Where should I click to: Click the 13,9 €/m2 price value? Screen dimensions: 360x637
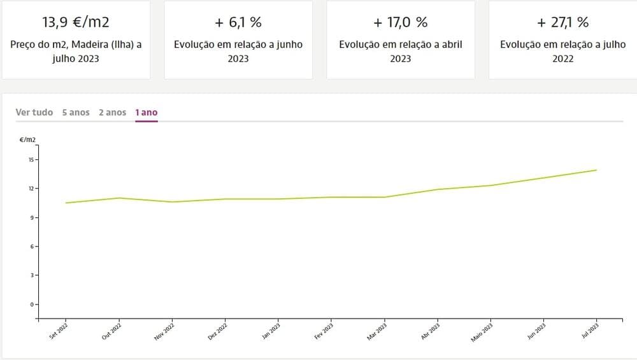click(x=76, y=22)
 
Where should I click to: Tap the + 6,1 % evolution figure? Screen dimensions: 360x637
click(x=238, y=22)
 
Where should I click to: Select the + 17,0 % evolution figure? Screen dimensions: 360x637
click(x=400, y=22)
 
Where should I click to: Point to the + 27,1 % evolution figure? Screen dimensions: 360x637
click(x=563, y=22)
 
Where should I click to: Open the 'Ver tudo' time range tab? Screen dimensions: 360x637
click(x=34, y=112)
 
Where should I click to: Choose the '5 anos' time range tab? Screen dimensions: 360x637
click(x=76, y=112)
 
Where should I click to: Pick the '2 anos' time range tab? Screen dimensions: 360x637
click(x=112, y=112)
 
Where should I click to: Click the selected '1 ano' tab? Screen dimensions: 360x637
click(x=146, y=112)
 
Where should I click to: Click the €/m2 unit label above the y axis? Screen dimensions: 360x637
click(x=27, y=140)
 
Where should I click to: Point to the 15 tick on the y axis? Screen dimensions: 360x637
click(x=31, y=159)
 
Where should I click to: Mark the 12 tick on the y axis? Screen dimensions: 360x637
click(x=31, y=189)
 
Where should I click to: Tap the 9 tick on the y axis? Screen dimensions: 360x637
click(x=31, y=218)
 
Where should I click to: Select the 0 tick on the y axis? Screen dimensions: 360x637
click(x=31, y=305)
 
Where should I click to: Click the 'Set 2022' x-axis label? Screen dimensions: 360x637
click(x=59, y=331)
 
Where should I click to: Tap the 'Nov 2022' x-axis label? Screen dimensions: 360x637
click(x=164, y=331)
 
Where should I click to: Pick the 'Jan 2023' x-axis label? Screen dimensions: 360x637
click(x=271, y=331)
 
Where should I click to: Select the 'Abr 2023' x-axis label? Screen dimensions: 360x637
click(x=431, y=331)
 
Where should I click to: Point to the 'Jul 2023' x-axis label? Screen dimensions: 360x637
click(x=590, y=331)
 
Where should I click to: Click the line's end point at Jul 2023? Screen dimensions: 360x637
click(x=596, y=170)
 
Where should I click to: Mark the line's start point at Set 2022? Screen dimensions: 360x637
click(x=66, y=203)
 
